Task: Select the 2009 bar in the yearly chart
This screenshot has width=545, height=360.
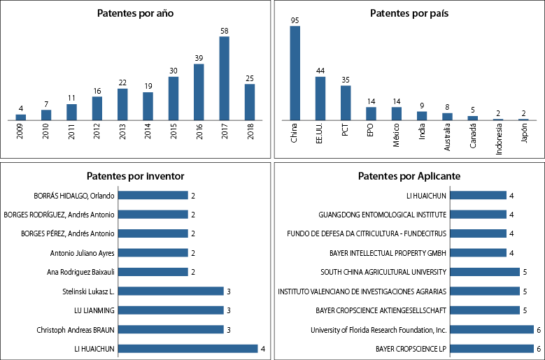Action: click(21, 117)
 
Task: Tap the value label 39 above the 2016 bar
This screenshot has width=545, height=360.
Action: click(199, 58)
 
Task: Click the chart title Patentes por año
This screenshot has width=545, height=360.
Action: click(136, 13)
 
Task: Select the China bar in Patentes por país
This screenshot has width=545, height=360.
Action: click(295, 73)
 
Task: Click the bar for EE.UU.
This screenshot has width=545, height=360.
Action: click(320, 98)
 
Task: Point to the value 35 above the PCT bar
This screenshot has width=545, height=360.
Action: click(346, 80)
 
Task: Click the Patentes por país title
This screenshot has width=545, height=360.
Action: click(409, 13)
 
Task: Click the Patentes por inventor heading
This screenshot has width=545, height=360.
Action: click(135, 175)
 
